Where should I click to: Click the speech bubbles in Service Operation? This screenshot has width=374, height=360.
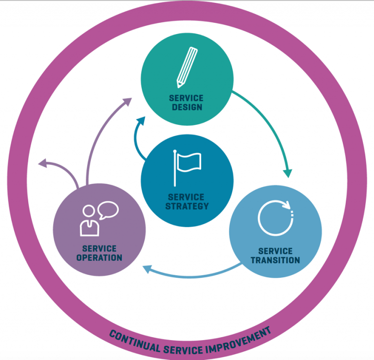click(x=108, y=210)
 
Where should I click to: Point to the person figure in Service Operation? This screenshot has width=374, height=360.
click(x=89, y=221)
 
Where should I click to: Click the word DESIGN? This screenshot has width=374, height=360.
click(x=187, y=107)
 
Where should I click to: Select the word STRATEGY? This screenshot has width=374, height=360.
click(x=187, y=206)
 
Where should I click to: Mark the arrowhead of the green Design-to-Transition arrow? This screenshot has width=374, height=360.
click(x=288, y=173)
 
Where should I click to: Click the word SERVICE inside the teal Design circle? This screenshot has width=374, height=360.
click(x=187, y=98)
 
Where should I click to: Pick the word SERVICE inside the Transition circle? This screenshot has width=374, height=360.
click(x=275, y=251)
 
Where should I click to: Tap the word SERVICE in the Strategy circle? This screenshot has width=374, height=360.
click(x=187, y=197)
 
